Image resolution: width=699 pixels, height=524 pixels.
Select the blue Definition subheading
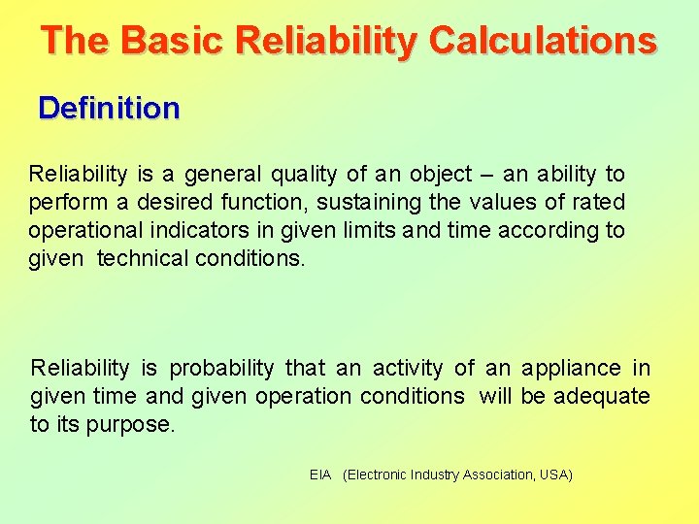tap(109, 108)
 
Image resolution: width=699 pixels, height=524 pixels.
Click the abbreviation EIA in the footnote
tap(320, 475)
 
